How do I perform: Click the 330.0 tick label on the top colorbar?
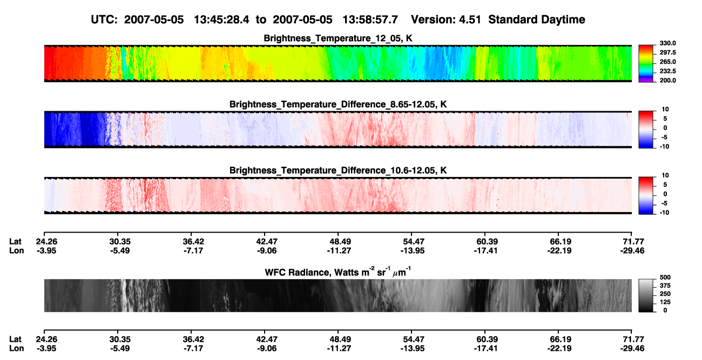click(x=667, y=43)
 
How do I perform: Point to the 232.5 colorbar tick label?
click(x=667, y=71)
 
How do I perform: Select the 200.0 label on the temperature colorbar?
click(x=667, y=80)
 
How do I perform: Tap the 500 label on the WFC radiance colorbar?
click(x=665, y=277)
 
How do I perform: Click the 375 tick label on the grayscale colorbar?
click(x=665, y=286)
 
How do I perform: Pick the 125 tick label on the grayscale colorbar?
click(x=665, y=302)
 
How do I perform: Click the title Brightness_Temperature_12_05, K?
click(x=338, y=38)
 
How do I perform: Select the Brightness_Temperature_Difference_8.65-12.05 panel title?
click(x=338, y=104)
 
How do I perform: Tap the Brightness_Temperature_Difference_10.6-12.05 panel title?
click(x=338, y=171)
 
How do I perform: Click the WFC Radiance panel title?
click(x=338, y=272)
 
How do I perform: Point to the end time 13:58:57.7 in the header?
click(x=370, y=19)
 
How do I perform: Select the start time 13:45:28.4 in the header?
click(x=221, y=19)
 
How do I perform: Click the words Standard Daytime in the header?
click(x=537, y=20)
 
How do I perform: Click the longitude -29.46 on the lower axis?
click(x=632, y=349)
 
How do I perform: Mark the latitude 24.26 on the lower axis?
click(x=46, y=339)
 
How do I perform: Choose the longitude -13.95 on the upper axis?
click(x=413, y=250)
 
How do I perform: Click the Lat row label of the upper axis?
click(x=15, y=242)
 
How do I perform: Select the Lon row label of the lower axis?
click(x=17, y=349)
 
